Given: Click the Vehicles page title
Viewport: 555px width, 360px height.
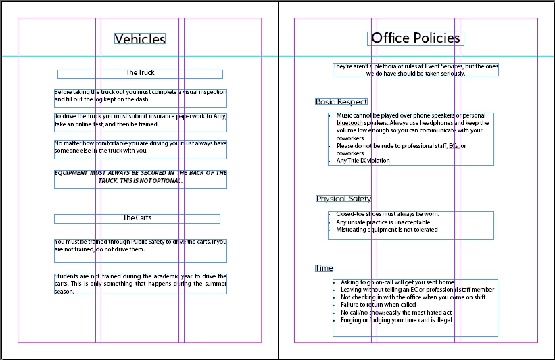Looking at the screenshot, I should pyautogui.click(x=140, y=39).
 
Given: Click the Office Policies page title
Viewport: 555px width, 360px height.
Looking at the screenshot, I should pyautogui.click(x=416, y=38).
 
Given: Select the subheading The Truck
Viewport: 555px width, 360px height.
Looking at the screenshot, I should pyautogui.click(x=141, y=73).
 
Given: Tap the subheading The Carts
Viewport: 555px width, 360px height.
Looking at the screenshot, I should pyautogui.click(x=137, y=218).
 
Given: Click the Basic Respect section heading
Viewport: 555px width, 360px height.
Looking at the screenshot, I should pyautogui.click(x=341, y=102).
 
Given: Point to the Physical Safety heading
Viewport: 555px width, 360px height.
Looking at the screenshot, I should pyautogui.click(x=343, y=199).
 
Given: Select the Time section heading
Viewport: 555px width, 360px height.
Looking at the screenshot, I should pyautogui.click(x=324, y=268).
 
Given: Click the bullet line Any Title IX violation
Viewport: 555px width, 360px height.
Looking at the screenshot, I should pyautogui.click(x=363, y=161).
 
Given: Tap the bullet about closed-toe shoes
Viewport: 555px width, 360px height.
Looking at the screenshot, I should pyautogui.click(x=383, y=214).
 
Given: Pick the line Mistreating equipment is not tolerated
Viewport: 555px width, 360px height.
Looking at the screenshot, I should pyautogui.click(x=387, y=230).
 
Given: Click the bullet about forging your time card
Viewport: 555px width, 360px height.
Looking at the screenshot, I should pyautogui.click(x=396, y=320).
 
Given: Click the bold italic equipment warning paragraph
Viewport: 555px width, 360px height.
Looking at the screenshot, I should pyautogui.click(x=141, y=177).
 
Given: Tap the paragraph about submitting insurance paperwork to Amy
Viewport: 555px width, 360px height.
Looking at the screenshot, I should pyautogui.click(x=141, y=120).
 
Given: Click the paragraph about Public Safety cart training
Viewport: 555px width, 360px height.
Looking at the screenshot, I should pyautogui.click(x=141, y=245).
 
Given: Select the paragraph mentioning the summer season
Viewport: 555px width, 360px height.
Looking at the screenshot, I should pyautogui.click(x=141, y=284).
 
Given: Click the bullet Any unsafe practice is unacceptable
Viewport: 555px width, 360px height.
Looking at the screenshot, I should pyautogui.click(x=383, y=222).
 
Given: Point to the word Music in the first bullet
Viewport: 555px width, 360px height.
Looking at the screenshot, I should pyautogui.click(x=344, y=116).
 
